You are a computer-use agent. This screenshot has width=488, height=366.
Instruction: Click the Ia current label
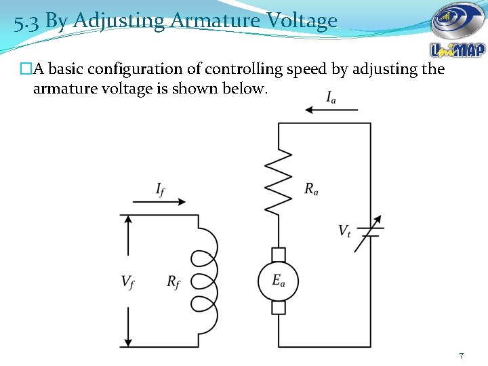click(x=331, y=98)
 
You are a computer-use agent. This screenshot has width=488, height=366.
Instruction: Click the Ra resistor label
click(x=311, y=190)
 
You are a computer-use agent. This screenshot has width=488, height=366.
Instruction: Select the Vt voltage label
click(x=345, y=231)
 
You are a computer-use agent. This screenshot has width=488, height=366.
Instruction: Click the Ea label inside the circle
click(x=279, y=280)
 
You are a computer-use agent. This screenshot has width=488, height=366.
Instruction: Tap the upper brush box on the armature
click(x=279, y=254)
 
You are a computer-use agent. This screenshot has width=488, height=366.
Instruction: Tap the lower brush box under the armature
click(x=279, y=307)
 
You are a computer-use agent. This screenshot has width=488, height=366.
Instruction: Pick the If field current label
click(x=161, y=190)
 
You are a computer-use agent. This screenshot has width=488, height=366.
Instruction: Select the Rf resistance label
click(x=174, y=281)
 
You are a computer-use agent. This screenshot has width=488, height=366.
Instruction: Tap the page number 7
click(x=461, y=356)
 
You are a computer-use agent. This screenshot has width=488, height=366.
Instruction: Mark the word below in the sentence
click(x=248, y=89)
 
